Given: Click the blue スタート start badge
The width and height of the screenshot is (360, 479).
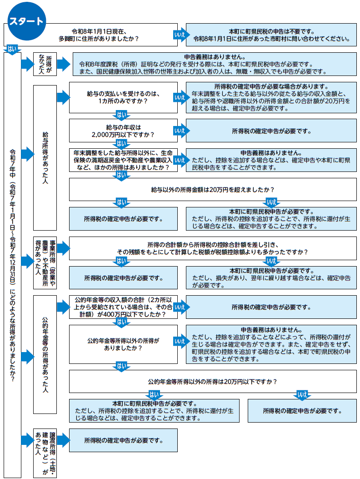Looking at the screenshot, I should pos(26,21).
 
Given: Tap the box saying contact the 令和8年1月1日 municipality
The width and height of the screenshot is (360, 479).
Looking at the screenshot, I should pos(271,35).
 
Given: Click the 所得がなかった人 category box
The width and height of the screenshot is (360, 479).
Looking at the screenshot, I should pos(45,65).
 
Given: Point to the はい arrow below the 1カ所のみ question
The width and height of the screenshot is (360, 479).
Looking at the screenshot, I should pos(122,114).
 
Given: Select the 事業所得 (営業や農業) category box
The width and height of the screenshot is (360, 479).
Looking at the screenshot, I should pos(45,262).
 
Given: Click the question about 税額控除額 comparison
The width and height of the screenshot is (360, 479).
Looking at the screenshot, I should pos(213,248).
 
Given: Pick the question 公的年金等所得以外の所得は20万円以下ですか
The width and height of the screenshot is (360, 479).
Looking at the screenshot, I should pos(213,381).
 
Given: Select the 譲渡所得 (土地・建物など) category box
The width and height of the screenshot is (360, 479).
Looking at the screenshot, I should pos(45,453).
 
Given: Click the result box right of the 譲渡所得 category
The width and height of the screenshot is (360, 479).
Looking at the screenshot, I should pos(123,440).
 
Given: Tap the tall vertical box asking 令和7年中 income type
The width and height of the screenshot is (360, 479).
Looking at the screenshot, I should pos(12,264).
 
